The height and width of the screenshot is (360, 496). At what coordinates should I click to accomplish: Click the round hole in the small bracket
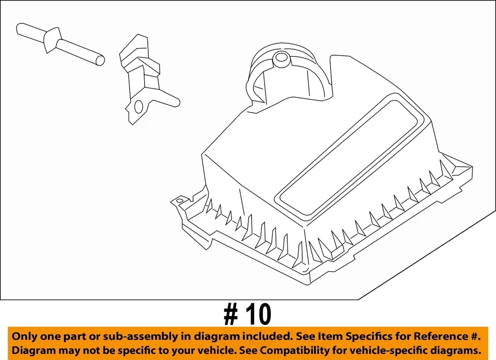138,107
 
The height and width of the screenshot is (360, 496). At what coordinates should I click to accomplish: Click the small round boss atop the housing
282,58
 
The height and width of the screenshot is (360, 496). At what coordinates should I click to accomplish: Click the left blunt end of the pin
21,28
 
